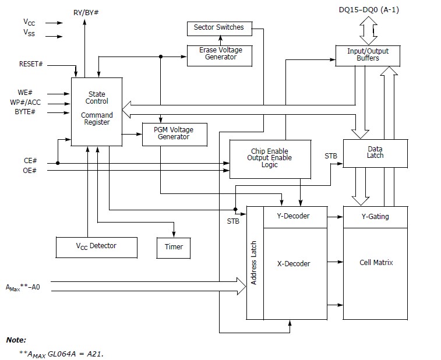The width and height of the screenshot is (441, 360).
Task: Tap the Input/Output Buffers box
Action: tap(368, 55)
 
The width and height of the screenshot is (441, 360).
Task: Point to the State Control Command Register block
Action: tap(97, 111)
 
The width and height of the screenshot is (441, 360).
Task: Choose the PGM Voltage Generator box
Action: tap(174, 133)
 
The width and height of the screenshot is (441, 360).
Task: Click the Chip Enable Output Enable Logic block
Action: tap(270, 158)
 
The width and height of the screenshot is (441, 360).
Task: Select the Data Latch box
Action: tap(375, 153)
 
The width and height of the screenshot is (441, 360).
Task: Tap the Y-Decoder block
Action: tap(295, 217)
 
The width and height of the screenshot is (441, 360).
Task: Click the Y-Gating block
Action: tap(375, 217)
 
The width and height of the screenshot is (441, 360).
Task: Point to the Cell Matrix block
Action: tap(376, 263)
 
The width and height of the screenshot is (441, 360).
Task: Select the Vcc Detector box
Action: tap(97, 246)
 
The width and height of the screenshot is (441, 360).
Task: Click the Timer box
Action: tap(174, 247)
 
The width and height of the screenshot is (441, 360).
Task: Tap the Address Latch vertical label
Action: tap(254, 263)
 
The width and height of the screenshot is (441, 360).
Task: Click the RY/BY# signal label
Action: tap(86, 12)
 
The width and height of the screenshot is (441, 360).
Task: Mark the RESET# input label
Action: tap(31, 63)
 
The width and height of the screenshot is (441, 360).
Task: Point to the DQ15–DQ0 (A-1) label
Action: tap(369, 10)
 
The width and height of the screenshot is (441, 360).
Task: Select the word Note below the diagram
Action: tap(16, 340)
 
